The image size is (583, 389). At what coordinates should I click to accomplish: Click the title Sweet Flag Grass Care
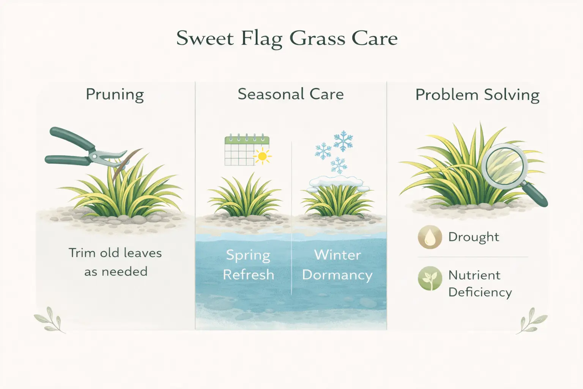(287, 38)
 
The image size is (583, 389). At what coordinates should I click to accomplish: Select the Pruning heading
(115, 94)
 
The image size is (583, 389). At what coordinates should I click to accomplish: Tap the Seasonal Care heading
(291, 94)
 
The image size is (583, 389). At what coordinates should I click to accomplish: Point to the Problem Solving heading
(477, 95)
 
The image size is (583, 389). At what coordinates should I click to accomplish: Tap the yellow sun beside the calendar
(262, 156)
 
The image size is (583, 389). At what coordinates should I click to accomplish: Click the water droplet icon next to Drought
(430, 237)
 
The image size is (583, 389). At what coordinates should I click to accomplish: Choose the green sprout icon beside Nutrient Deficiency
(430, 278)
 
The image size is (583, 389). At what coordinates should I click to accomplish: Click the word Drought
(473, 237)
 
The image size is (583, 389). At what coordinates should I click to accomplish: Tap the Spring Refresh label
(248, 264)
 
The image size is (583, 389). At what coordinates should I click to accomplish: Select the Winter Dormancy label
(337, 264)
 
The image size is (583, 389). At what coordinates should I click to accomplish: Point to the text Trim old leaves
(115, 253)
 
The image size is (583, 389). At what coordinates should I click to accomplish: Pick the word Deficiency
(480, 292)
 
